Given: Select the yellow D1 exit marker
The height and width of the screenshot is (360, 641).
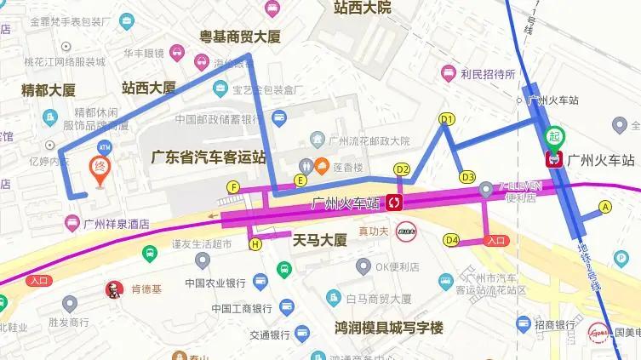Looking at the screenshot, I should coord(447,119).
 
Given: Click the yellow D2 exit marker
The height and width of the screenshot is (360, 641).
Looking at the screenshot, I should coord(403,169).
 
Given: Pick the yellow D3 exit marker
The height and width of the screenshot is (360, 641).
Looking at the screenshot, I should coord(466,177).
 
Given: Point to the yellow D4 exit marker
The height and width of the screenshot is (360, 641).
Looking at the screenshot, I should coord(451,240).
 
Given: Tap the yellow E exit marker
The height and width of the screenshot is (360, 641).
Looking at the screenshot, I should coord(300,180).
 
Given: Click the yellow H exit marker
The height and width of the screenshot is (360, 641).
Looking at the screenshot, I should coord(255,244).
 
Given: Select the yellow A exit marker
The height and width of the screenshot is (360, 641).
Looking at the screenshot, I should coord(605,206).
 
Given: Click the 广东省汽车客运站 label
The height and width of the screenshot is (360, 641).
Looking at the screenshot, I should coord(209,157).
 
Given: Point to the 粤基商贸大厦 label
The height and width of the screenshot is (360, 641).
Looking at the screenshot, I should coord(240,37).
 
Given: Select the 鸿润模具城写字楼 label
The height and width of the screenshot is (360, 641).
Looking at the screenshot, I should coord(389,328).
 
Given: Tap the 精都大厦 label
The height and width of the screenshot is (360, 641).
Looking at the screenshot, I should coord(49,89).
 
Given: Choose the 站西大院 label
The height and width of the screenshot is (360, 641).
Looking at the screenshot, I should coord(363,8).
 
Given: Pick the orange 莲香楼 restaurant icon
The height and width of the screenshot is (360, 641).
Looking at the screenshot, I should coord(322,164).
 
